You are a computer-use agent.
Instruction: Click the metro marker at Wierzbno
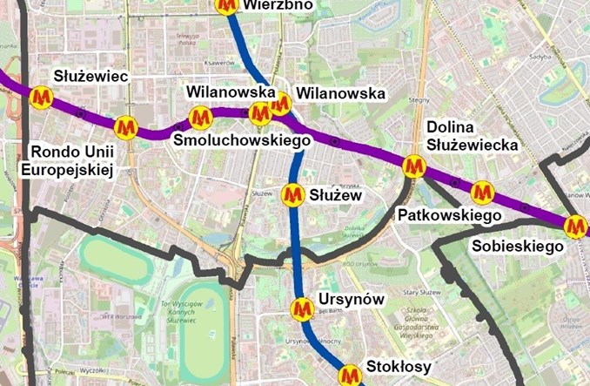[227, 5]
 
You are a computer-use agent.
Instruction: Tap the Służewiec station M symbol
[41, 98]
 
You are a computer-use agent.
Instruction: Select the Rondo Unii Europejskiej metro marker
[126, 128]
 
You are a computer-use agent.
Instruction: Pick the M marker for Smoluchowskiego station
[201, 116]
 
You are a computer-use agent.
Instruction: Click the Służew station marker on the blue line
[294, 194]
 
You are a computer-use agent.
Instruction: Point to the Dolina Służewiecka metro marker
[414, 165]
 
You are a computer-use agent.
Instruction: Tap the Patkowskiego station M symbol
[482, 192]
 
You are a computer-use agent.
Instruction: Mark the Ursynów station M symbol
[302, 308]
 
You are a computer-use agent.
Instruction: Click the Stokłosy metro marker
[350, 376]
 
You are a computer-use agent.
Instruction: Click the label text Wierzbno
[278, 5]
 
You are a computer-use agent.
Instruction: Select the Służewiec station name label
[91, 77]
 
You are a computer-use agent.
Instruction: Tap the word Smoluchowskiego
[243, 140]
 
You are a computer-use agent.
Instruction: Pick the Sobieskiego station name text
[518, 247]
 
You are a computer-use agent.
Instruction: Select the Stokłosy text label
[399, 367]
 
